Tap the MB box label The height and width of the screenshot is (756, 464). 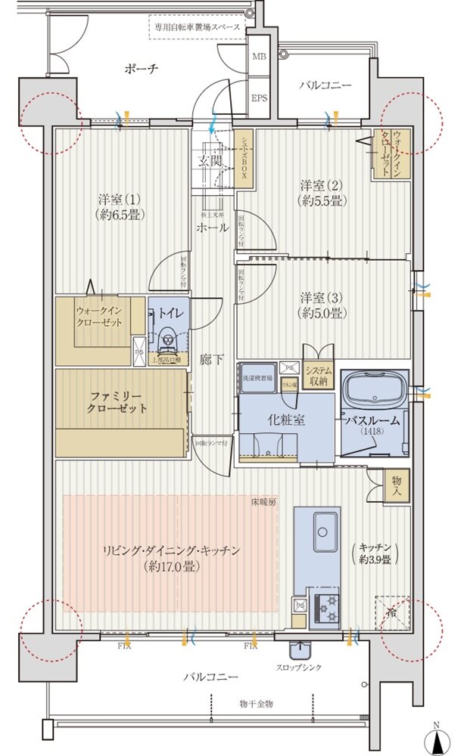[x=259, y=57]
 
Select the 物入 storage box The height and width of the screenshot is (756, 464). [x=397, y=485]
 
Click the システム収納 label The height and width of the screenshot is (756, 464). [x=318, y=375]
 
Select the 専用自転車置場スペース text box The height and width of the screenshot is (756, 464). [x=197, y=26]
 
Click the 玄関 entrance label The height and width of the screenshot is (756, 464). [x=210, y=161]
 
